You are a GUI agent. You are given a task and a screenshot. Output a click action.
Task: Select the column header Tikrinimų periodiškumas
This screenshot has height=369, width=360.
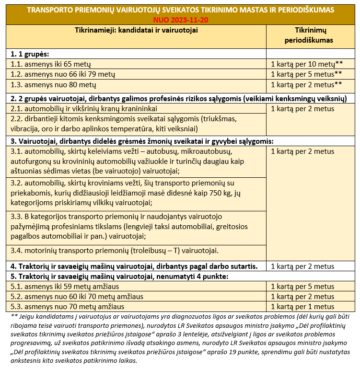tap(307, 35)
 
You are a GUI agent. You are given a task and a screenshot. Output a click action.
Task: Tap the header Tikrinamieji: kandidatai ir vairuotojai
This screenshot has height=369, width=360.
tap(137, 30)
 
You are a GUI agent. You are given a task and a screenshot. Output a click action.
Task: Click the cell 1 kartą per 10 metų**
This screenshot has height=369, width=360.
tap(307, 64)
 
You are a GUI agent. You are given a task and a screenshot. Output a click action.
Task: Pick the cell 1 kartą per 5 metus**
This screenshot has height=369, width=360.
tap(306, 74)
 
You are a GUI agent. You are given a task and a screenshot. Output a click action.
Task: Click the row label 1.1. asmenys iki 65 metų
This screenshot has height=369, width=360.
tap(51, 64)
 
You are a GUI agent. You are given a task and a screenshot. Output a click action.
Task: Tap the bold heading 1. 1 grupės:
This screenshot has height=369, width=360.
tap(30, 53)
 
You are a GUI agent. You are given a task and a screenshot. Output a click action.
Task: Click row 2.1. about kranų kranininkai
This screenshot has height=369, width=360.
tap(84, 109)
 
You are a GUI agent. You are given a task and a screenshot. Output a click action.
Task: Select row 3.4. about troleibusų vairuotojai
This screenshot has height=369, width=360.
tap(115, 251)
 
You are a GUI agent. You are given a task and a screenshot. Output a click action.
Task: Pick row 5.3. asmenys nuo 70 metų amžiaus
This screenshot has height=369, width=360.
tap(68, 307)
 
